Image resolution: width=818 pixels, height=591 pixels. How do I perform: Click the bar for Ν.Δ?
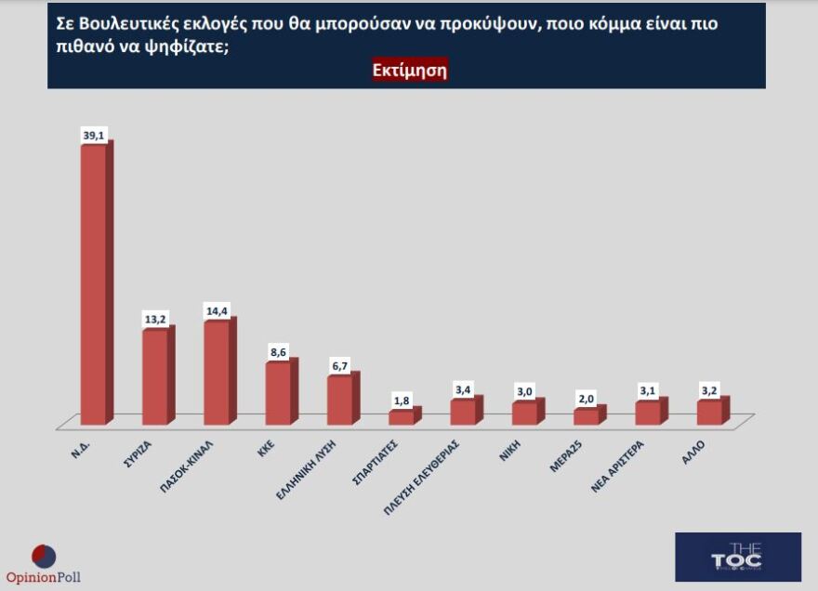94,283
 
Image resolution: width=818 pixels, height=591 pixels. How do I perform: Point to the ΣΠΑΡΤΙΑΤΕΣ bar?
402,417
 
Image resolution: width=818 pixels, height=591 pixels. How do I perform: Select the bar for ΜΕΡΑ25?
587,416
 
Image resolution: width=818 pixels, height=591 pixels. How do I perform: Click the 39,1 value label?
94,136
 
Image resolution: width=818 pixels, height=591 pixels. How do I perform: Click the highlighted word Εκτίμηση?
410,72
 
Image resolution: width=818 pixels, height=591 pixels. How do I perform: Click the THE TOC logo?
737,557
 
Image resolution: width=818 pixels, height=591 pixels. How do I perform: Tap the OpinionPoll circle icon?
44,556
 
